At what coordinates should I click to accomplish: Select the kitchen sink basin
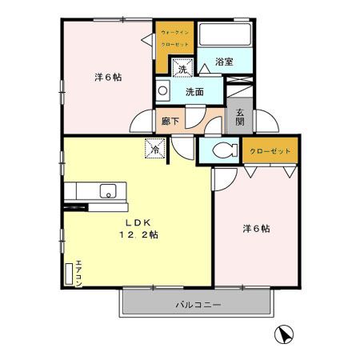[x=105, y=190]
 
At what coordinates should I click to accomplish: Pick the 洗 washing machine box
[x=183, y=69]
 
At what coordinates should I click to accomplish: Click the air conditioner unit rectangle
[x=68, y=272]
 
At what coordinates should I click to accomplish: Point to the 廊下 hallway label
[x=170, y=122]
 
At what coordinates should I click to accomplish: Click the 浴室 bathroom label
[x=224, y=62]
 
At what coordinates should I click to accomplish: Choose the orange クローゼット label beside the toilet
[x=270, y=150]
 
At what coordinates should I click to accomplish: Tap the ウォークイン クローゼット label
[x=174, y=38]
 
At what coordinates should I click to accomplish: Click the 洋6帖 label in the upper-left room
[x=108, y=78]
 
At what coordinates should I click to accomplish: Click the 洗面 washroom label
[x=194, y=92]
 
